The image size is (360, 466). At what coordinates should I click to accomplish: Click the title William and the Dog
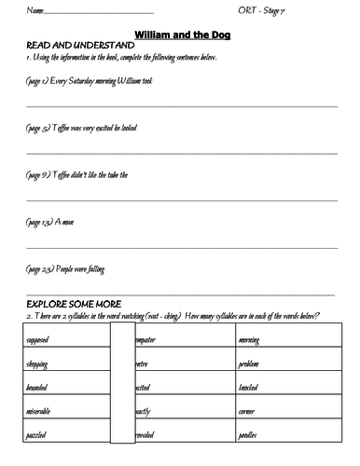(x=182, y=34)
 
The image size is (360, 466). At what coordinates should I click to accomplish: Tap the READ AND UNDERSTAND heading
(x=64, y=45)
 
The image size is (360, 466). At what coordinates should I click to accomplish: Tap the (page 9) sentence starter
(x=70, y=174)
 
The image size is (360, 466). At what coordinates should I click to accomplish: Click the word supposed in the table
(x=38, y=340)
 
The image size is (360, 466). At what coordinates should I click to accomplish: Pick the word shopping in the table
(x=38, y=363)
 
